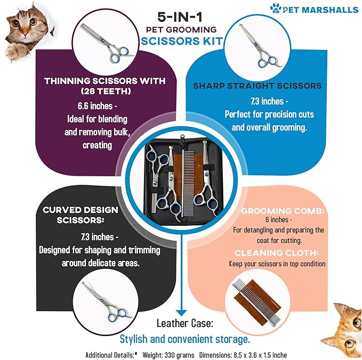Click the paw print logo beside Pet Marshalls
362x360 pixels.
[276, 8]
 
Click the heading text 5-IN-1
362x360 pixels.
[180, 17]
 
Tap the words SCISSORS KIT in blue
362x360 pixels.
[182, 41]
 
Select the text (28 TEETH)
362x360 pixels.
[106, 91]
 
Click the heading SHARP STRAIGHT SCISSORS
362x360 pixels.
[258, 86]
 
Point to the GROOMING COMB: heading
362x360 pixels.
[283, 211]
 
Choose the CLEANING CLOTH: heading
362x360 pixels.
[277, 253]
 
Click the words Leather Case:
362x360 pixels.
[184, 323]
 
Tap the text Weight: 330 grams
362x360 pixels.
[168, 355]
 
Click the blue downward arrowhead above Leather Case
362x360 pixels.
[181, 313]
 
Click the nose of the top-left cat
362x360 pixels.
[25, 34]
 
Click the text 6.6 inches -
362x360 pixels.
[97, 106]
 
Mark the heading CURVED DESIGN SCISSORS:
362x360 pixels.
[81, 215]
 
